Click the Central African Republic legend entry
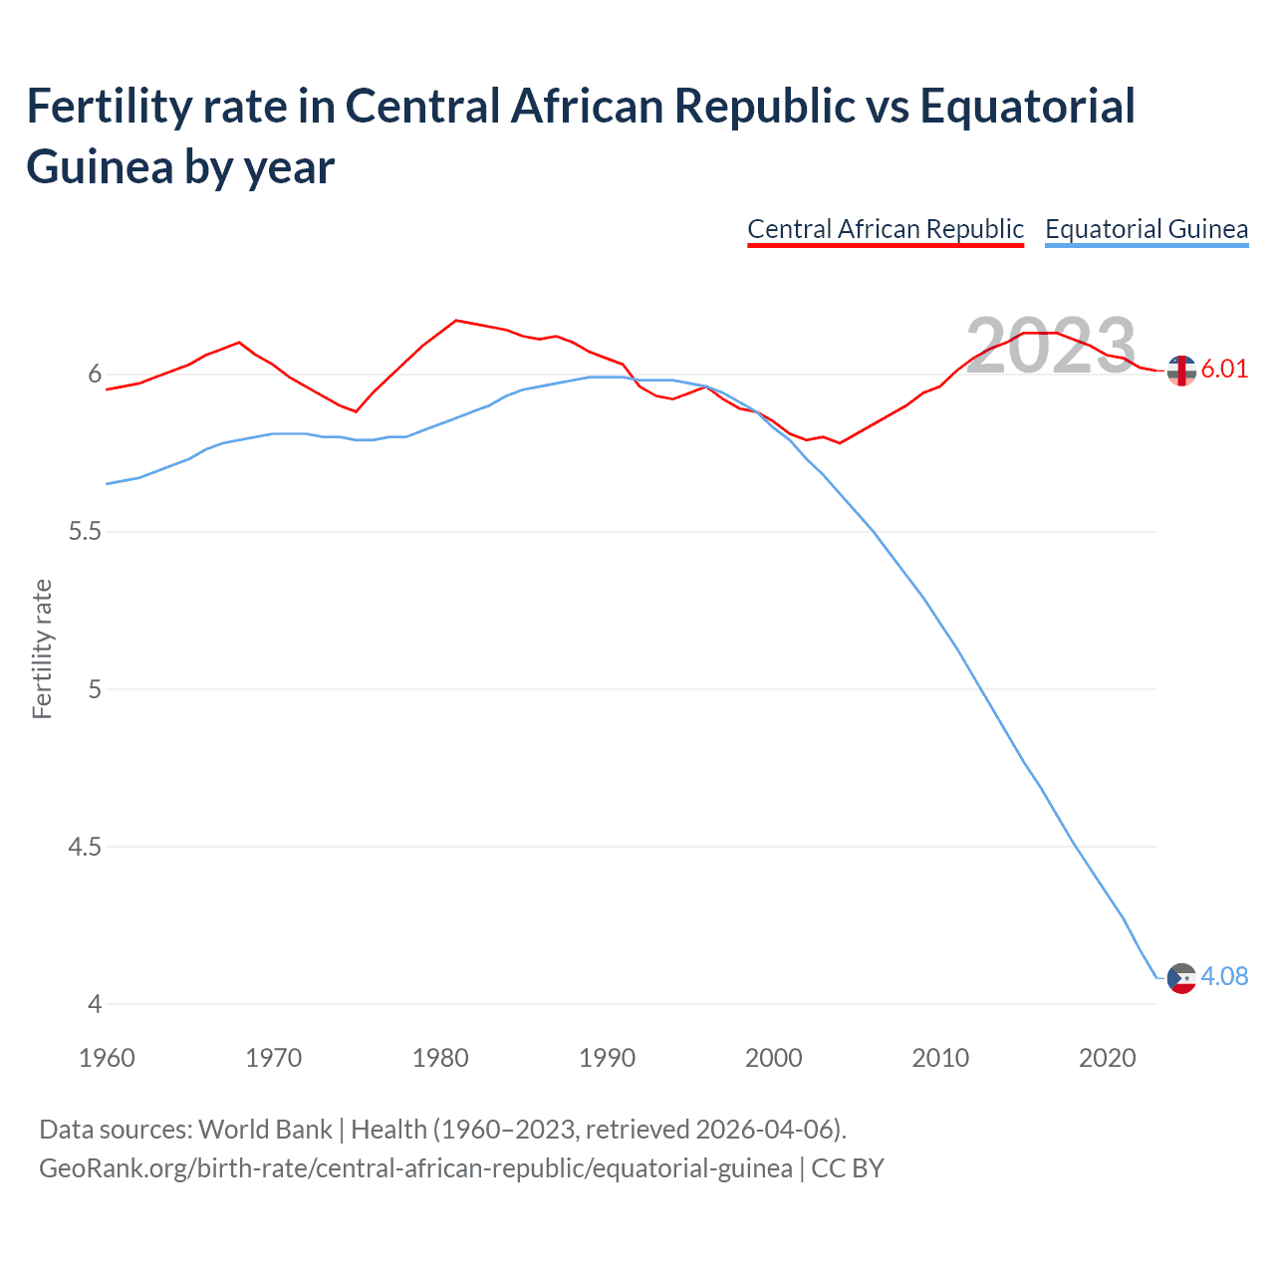click(885, 229)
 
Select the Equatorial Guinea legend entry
click(1146, 229)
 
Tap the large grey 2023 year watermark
click(1051, 346)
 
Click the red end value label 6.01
click(1223, 369)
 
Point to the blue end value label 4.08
click(1223, 976)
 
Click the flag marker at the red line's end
click(1181, 371)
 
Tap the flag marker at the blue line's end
click(1181, 978)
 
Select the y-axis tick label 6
click(95, 375)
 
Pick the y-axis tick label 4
click(95, 1004)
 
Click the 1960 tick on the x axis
click(107, 1058)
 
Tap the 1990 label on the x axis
click(607, 1058)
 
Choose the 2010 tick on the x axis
click(940, 1058)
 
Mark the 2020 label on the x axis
click(1107, 1058)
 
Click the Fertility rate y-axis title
click(42, 648)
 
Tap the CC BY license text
click(848, 1167)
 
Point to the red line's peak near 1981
click(456, 320)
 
